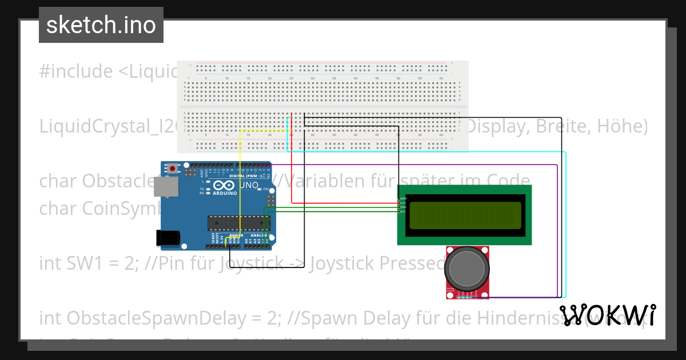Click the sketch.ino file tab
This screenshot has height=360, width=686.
101,25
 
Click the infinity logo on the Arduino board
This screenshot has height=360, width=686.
221,185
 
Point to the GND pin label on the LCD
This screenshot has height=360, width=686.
403,198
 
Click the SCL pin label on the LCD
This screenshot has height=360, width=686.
403,211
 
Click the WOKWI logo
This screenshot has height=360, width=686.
608,315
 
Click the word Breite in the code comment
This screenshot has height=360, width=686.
561,126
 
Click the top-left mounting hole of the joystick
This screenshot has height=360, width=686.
449,250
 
